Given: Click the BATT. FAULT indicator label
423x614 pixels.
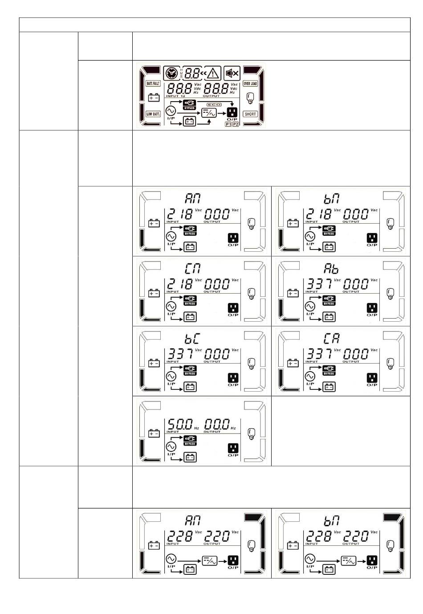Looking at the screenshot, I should coord(153,83).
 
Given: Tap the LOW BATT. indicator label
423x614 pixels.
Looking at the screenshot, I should coord(153,114).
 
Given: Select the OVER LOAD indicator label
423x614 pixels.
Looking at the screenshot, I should coord(250,83).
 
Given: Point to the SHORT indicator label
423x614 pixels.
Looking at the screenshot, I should coord(250,114).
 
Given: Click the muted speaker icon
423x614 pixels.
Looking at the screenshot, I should coord(232,73).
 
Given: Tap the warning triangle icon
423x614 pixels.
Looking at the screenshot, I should coord(214,73).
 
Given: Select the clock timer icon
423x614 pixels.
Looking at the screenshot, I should coord(171,73).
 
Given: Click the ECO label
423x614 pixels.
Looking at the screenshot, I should coord(214,104).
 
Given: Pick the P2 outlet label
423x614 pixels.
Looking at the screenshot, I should coord(236,124).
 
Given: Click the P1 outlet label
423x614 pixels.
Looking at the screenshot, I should coord(228,124).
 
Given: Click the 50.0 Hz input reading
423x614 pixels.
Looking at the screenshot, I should coord(180,424).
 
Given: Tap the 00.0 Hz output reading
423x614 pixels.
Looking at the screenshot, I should coord(217,424).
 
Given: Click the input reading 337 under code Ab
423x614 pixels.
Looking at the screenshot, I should coord(318,284).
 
